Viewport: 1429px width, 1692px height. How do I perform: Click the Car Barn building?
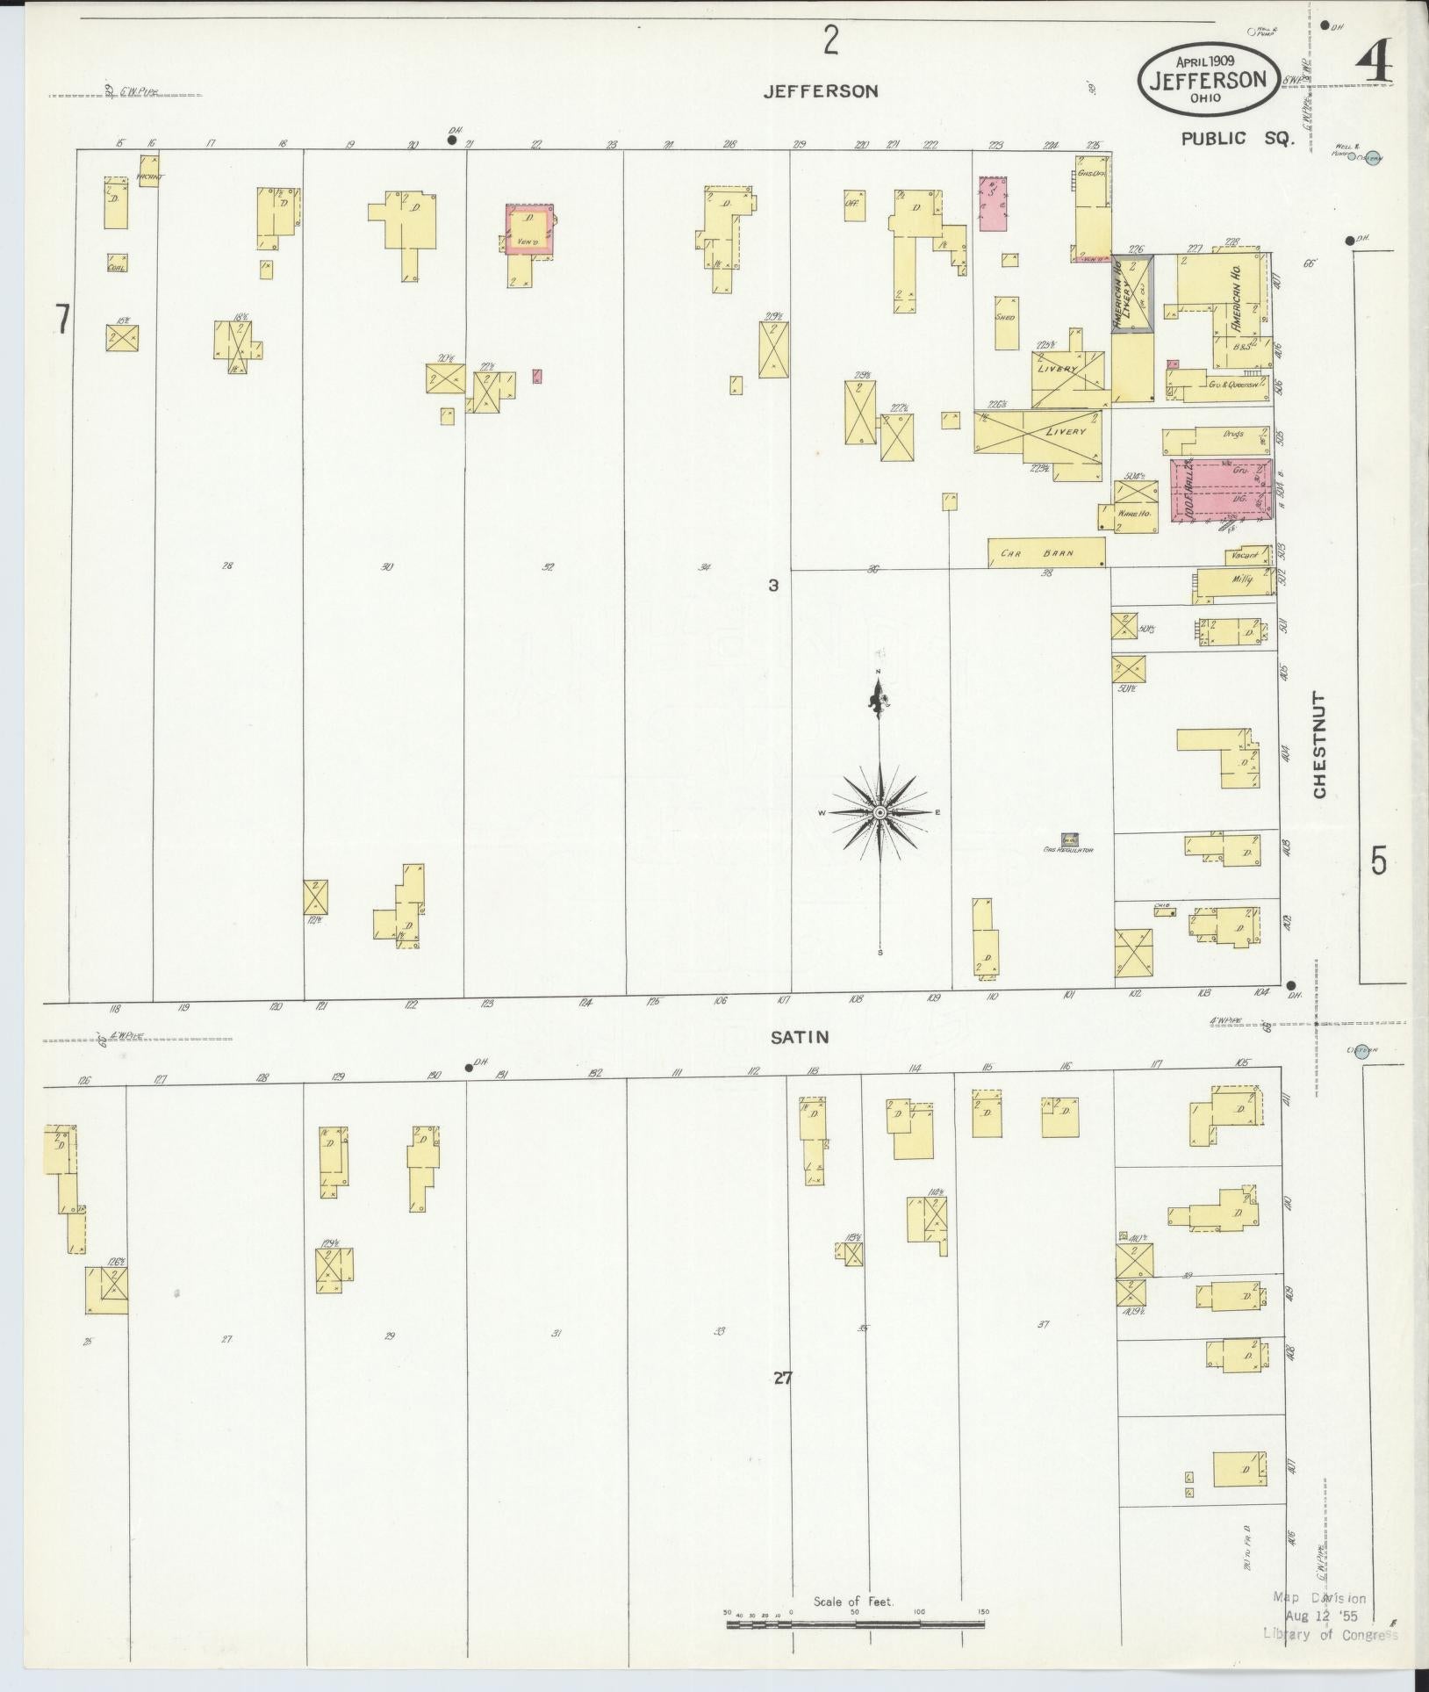[x=1045, y=553]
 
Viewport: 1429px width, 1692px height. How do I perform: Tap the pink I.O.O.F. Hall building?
[x=1220, y=490]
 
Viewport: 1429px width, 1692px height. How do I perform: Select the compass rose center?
[x=880, y=813]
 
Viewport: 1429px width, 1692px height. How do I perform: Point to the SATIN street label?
[x=800, y=1037]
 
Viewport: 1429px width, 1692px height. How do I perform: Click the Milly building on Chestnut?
[x=1236, y=582]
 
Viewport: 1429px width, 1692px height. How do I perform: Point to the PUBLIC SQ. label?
[x=1237, y=139]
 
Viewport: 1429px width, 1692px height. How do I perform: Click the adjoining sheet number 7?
[x=61, y=319]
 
